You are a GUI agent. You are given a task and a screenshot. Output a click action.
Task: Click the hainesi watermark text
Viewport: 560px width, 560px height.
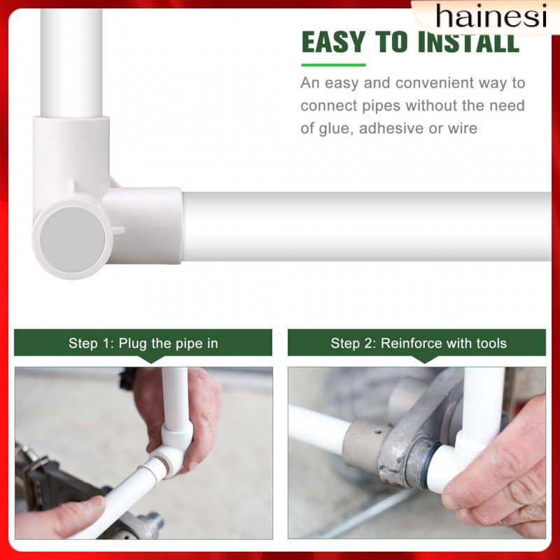click(490, 15)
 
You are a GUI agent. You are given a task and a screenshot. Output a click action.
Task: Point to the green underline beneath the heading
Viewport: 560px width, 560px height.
click(333, 65)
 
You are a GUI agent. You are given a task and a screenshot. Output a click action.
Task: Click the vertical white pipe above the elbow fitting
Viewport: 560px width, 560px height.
click(71, 63)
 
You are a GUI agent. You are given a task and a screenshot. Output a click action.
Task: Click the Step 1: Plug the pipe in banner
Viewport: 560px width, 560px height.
click(143, 343)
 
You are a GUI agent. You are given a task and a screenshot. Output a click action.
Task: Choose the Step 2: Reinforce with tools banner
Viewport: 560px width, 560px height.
click(418, 343)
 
